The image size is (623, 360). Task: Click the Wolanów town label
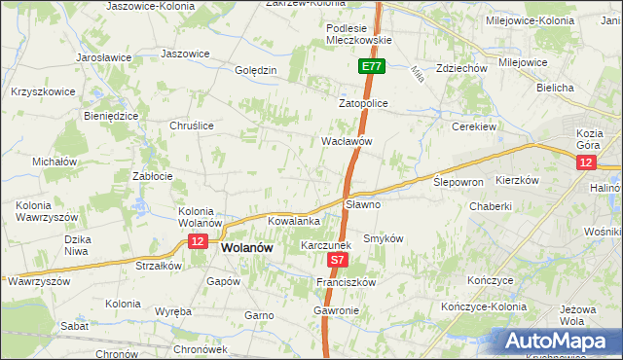(246, 248)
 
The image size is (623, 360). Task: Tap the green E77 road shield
(371, 66)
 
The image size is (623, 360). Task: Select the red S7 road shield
(338, 261)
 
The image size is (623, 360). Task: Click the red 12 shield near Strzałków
(197, 241)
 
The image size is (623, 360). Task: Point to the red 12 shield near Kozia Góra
(586, 163)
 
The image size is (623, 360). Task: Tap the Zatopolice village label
(364, 102)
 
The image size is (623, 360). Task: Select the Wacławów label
(348, 141)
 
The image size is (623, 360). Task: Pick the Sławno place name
(363, 205)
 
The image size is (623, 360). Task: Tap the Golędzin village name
(257, 70)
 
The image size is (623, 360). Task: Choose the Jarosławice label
(104, 57)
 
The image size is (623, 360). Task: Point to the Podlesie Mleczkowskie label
(359, 34)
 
